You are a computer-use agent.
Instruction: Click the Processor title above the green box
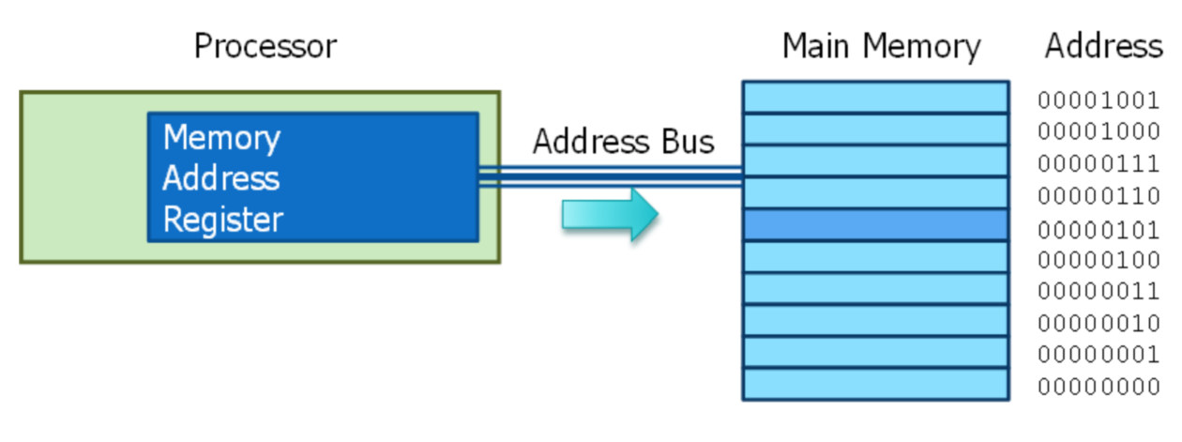coord(265,45)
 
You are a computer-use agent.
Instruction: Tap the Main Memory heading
coord(881,45)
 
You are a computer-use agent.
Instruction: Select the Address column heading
coord(1103,45)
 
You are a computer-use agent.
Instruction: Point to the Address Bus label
coord(623,141)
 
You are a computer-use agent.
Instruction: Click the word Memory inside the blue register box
coord(221,138)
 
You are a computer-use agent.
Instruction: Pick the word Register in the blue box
coord(222,220)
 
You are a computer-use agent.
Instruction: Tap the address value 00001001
coord(1099,100)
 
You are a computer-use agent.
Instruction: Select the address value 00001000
coord(1099,132)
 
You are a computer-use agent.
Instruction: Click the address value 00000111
coord(1099,164)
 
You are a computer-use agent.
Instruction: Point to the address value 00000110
coord(1099,196)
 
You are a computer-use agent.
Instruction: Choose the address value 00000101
coord(1099,228)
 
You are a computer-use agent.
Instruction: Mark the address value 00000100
coord(1099,260)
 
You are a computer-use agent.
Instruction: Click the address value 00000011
coord(1099,292)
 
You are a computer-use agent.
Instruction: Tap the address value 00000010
coord(1099,324)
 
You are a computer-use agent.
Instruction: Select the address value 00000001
coord(1099,355)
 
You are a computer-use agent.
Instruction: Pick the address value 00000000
coord(1099,387)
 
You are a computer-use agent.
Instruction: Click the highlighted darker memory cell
coord(875,225)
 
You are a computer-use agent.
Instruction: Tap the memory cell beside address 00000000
coord(875,384)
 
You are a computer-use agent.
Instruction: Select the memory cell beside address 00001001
coord(875,98)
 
